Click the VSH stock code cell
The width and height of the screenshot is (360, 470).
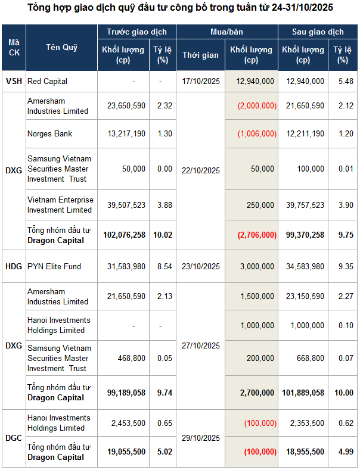13,81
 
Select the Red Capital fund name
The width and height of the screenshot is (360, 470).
47,81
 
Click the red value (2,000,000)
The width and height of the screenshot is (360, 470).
256,105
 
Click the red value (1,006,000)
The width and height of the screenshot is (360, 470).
256,133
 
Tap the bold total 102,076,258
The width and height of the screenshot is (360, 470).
124,235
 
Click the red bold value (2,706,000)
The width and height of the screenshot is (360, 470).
256,235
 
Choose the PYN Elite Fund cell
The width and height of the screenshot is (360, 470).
54,266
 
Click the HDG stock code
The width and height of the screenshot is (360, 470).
13,266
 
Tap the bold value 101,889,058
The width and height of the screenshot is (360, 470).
302,393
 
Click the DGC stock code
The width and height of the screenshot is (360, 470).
13,437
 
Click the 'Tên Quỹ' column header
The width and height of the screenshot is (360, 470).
62,48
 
